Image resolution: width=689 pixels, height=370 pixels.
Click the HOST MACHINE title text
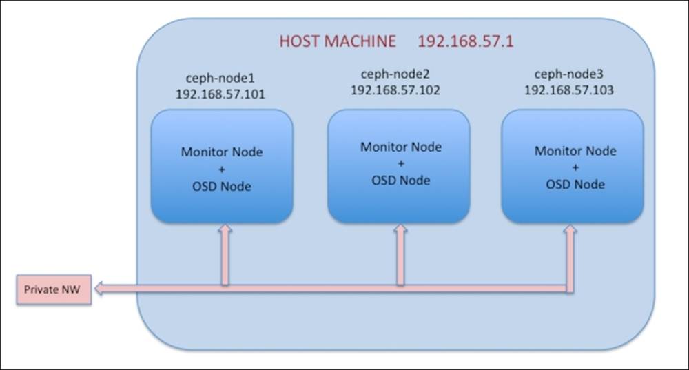coord(337,41)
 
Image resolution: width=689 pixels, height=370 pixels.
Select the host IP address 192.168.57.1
coord(465,41)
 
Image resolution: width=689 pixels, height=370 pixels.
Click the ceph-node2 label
coord(395,74)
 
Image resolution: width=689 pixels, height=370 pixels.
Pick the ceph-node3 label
coord(568,74)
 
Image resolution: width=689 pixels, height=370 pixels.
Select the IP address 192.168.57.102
coord(395,90)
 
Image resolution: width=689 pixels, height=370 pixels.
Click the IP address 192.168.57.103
coord(568,90)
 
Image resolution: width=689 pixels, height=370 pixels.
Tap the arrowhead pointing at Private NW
coord(101,289)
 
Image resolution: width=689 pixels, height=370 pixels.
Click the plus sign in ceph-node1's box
coord(221,169)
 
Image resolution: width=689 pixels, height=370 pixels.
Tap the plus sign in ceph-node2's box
coord(400,163)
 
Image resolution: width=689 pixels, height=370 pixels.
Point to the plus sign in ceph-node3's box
coord(575,167)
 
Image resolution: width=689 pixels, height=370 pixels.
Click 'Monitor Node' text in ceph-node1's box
coord(221,152)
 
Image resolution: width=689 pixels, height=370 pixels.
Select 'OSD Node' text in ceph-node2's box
coord(400,180)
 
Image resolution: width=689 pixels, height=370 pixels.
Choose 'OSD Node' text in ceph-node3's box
coord(575,184)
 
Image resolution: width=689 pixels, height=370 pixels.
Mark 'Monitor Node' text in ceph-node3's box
coord(575,151)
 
